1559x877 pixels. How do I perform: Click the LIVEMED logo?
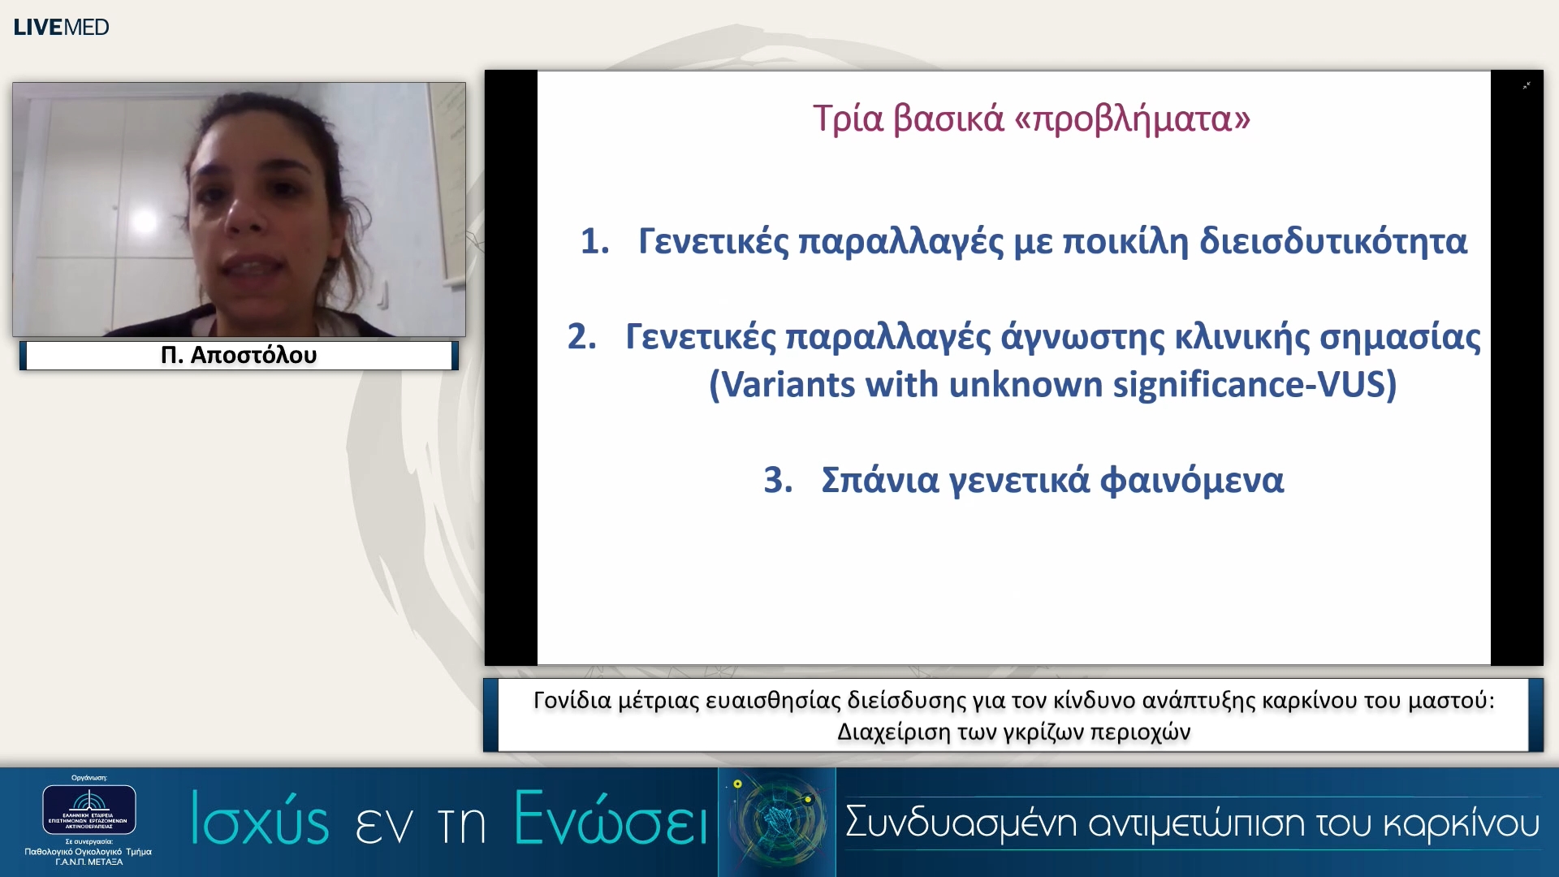[61, 27]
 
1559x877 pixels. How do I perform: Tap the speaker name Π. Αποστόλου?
[239, 355]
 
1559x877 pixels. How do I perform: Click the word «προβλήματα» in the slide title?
[1132, 119]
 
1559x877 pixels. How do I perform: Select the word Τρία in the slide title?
[847, 119]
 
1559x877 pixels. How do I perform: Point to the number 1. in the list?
[594, 241]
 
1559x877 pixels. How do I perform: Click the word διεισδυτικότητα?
[1332, 241]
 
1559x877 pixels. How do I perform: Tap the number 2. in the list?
[581, 336]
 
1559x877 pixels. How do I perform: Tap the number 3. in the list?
[778, 480]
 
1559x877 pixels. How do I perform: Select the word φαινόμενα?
[1191, 480]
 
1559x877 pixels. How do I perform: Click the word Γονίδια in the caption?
[572, 700]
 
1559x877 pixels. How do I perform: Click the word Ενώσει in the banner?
[611, 819]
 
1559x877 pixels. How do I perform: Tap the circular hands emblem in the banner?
[777, 820]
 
